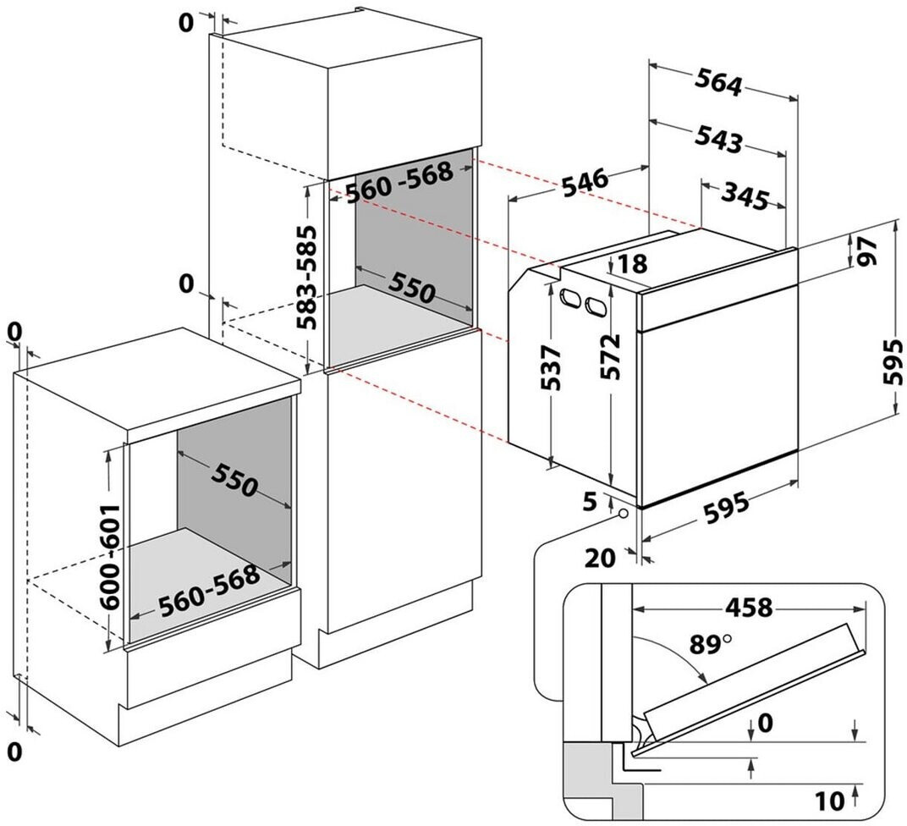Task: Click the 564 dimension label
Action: (x=717, y=81)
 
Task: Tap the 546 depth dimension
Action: (x=585, y=182)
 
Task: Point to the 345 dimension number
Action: (x=745, y=197)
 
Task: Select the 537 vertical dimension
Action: (x=549, y=368)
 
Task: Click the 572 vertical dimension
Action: (x=610, y=357)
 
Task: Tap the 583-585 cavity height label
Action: (x=306, y=277)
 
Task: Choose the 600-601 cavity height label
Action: (x=110, y=557)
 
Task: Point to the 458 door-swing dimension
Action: (x=749, y=608)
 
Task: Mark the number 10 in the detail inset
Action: (x=829, y=801)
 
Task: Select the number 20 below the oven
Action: (x=600, y=559)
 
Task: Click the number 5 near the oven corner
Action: (x=590, y=502)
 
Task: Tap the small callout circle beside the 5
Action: (x=623, y=513)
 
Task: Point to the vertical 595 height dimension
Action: (x=893, y=361)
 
